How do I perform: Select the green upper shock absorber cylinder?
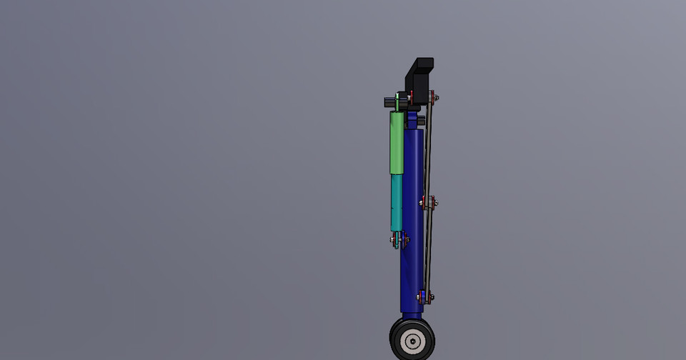[397, 143]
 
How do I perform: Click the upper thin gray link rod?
[429, 150]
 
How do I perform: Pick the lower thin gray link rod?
[427, 250]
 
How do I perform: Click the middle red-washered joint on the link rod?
[428, 204]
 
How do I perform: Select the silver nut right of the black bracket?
[437, 97]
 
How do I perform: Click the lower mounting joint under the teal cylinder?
[399, 240]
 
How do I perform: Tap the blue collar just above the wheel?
[412, 313]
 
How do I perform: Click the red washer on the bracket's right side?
[432, 96]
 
